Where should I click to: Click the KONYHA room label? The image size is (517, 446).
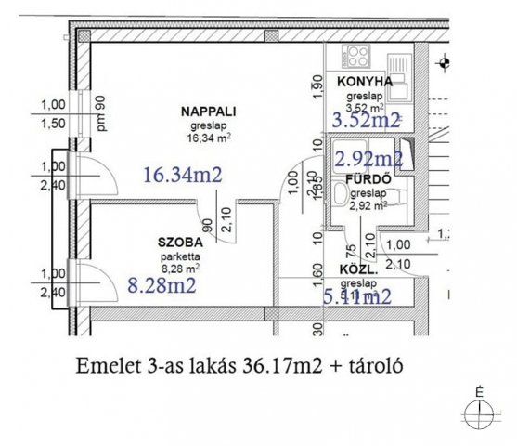point(365,82)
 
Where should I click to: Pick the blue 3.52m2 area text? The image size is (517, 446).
point(366,119)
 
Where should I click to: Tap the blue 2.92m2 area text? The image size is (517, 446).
point(368,158)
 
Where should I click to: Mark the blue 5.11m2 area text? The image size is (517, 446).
point(356,297)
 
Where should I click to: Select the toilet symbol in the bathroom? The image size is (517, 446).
point(342,194)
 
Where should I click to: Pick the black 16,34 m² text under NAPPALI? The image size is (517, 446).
point(209,137)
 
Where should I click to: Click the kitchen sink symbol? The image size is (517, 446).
point(397,63)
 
